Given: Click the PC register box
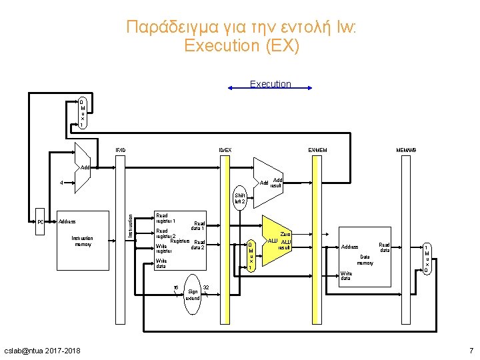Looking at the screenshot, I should point(41,222).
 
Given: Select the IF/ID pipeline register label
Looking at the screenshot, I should point(120,149).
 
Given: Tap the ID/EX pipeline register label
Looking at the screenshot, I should point(225,149).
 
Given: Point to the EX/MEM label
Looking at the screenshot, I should point(317,149).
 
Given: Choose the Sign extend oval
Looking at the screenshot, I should point(193,291).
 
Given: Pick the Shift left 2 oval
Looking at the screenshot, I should point(240,198).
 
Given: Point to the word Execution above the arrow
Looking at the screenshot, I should point(270,84).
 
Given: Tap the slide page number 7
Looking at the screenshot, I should point(471,351).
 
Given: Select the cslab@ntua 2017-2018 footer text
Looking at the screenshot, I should point(41,351).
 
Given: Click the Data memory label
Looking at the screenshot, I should point(365,259).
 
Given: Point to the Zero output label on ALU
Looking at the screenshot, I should point(285,234).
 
